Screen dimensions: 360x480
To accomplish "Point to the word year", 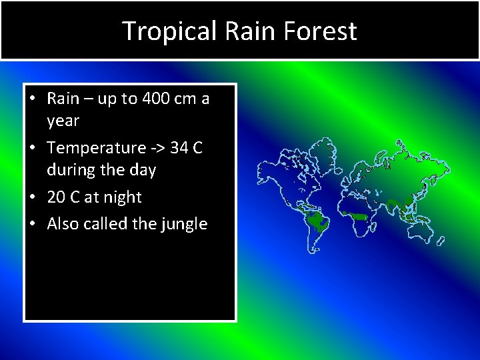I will pyautogui.click(x=63, y=121).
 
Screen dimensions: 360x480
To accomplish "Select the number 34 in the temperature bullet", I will pyautogui.click(x=179, y=147).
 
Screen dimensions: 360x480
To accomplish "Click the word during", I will pyautogui.click(x=67, y=171).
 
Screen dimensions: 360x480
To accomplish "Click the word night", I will pyautogui.click(x=123, y=198).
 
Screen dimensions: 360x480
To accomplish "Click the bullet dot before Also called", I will pyautogui.click(x=32, y=224).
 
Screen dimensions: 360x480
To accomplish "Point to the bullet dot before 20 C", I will pyautogui.click(x=32, y=197).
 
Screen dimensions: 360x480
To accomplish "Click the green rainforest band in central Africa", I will pyautogui.click(x=357, y=215).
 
